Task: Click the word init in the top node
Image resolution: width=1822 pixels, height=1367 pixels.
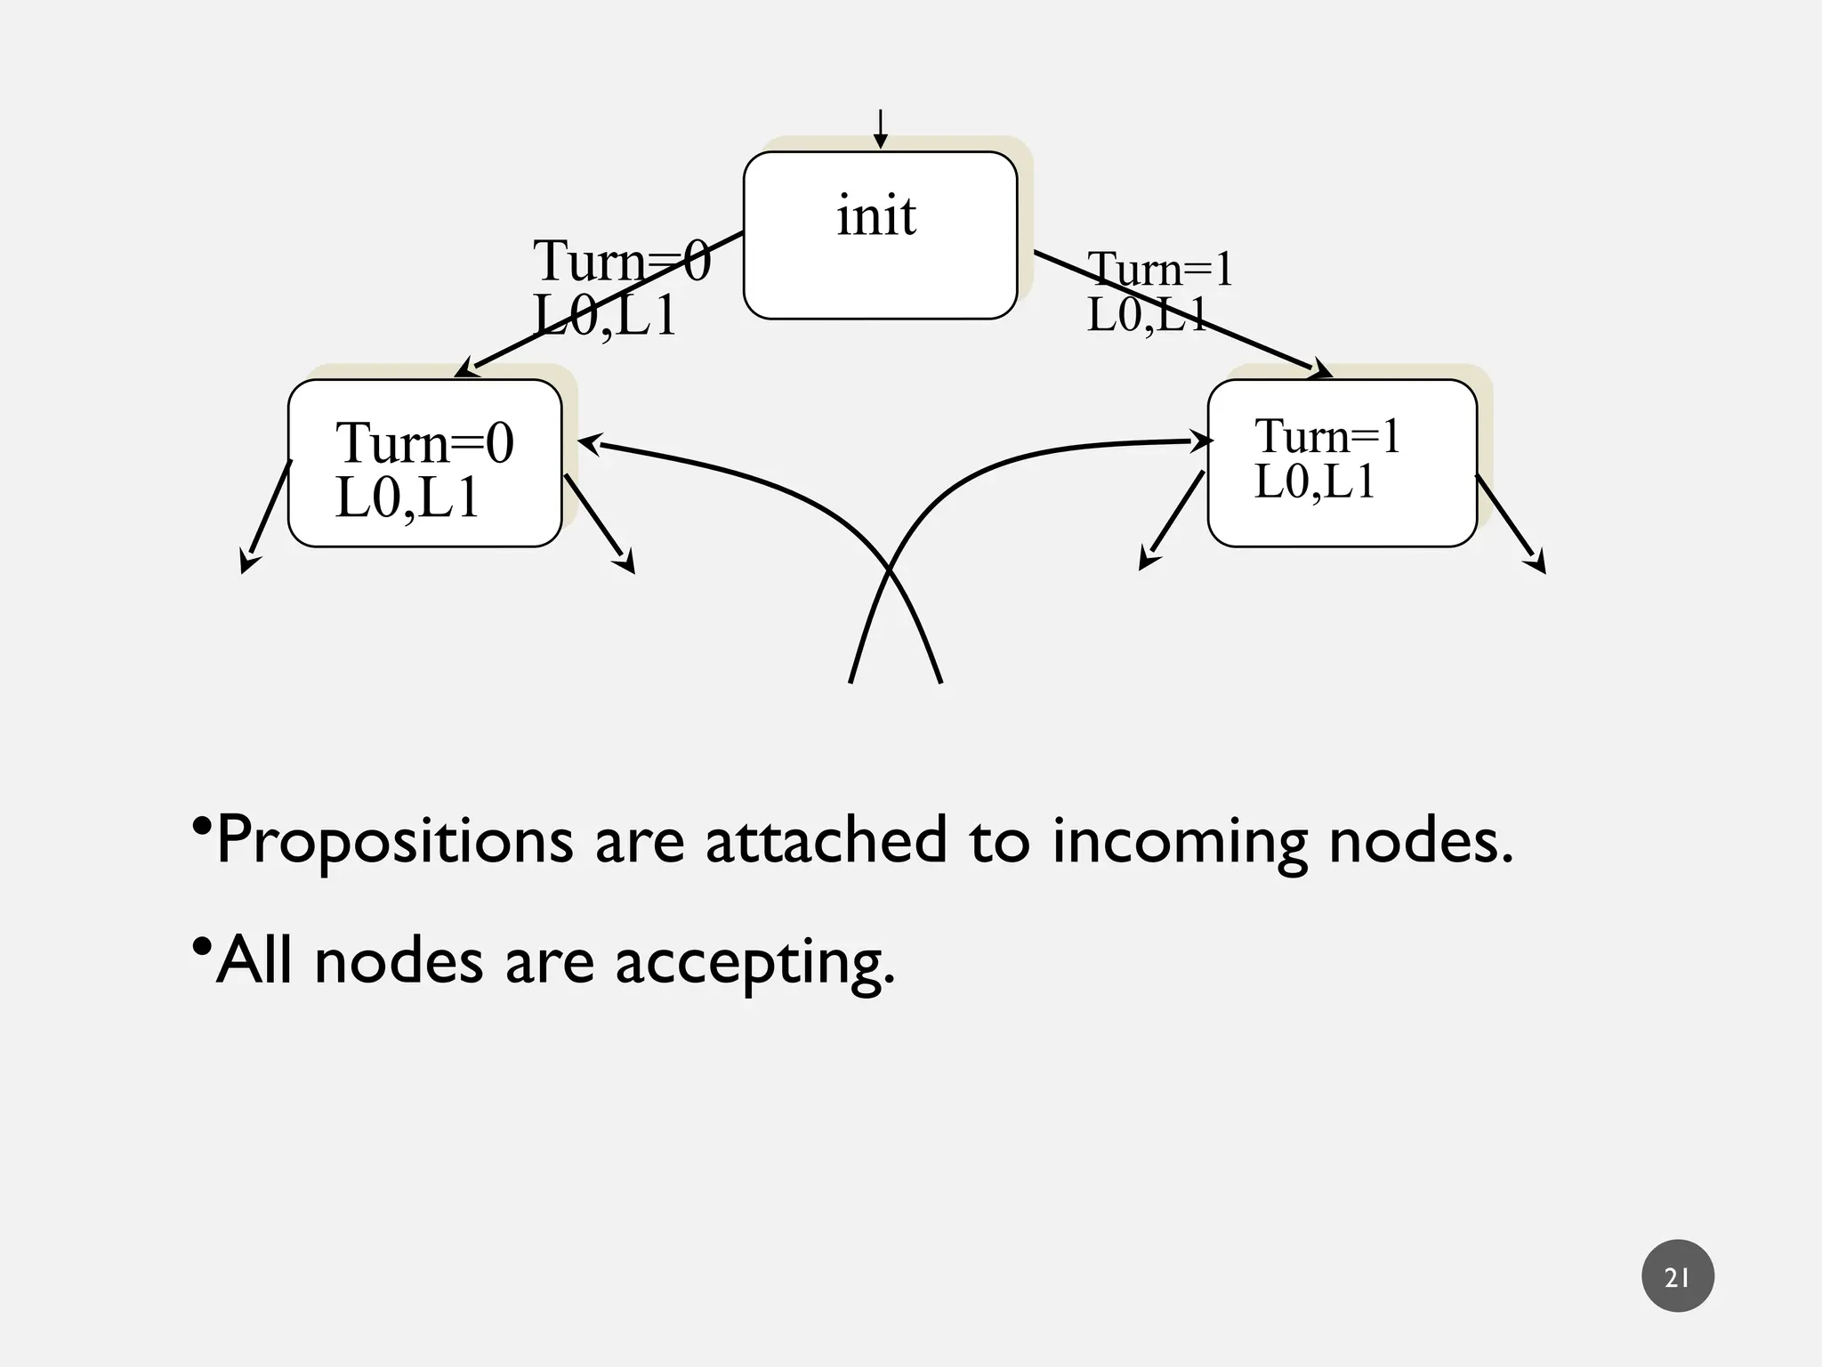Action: point(875,215)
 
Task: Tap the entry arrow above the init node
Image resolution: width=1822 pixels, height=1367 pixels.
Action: point(880,130)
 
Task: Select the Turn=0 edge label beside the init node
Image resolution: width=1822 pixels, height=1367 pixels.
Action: point(622,262)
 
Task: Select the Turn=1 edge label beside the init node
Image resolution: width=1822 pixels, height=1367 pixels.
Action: point(1160,269)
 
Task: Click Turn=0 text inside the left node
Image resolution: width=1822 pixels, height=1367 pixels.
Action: point(424,442)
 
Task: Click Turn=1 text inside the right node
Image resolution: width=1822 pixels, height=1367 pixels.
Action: point(1326,436)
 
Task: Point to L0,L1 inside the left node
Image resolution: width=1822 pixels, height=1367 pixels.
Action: point(407,497)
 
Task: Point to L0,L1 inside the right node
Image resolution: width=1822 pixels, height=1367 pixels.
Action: point(1314,481)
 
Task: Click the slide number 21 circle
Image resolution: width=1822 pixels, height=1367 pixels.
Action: point(1677,1275)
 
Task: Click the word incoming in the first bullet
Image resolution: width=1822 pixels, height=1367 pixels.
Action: point(1180,840)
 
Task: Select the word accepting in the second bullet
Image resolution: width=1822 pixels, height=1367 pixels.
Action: point(754,961)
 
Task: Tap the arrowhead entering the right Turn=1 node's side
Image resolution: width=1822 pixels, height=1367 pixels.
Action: point(1200,441)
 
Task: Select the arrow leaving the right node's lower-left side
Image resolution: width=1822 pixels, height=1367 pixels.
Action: point(1173,520)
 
